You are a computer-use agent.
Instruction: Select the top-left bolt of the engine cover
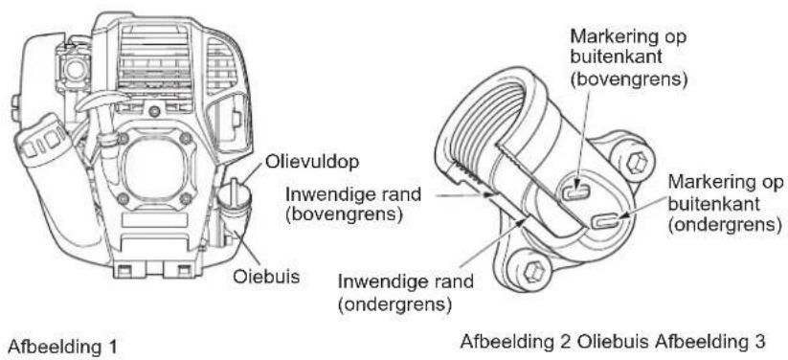pos(122,135)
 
